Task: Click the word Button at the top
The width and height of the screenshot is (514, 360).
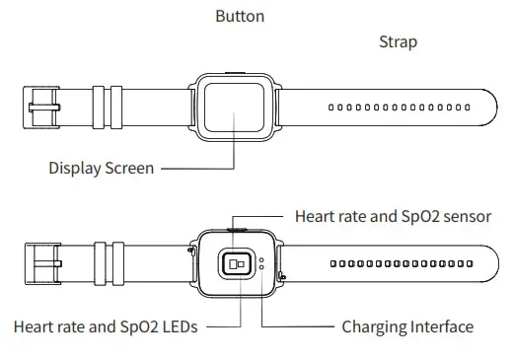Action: [x=240, y=17]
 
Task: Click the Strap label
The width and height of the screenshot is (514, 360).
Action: [x=398, y=42]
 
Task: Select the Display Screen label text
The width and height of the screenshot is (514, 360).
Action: [x=101, y=168]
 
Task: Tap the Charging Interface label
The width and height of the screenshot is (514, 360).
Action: [x=406, y=326]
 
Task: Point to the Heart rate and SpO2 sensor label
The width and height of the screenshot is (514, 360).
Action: [x=393, y=216]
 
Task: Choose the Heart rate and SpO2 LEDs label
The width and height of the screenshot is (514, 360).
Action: [x=105, y=326]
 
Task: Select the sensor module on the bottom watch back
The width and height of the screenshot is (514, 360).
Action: [x=237, y=263]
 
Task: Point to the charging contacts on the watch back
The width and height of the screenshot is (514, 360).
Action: [x=261, y=263]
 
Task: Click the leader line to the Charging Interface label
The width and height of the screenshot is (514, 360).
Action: [x=296, y=326]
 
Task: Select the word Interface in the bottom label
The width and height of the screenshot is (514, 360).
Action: [x=438, y=326]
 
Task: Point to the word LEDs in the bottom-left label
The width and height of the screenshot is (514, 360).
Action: [x=178, y=326]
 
